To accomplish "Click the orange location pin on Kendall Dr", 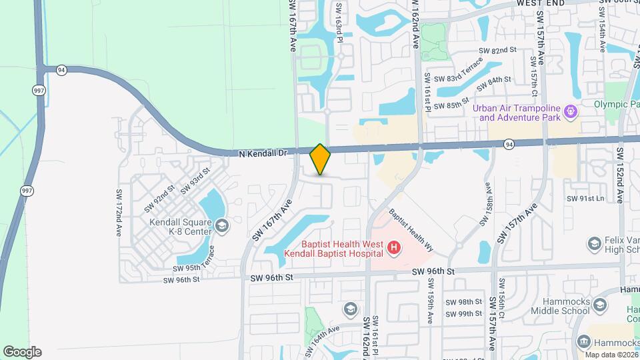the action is click(x=320, y=159).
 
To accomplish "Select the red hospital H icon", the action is click(x=394, y=249).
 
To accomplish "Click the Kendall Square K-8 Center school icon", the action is click(x=221, y=228).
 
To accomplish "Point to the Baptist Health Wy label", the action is click(x=412, y=231).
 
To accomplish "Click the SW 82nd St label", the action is click(x=499, y=50).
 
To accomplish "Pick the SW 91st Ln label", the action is click(x=585, y=198).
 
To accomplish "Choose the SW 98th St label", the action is click(x=464, y=302).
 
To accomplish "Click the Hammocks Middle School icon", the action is click(x=599, y=306).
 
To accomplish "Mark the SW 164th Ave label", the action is click(x=323, y=341).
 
